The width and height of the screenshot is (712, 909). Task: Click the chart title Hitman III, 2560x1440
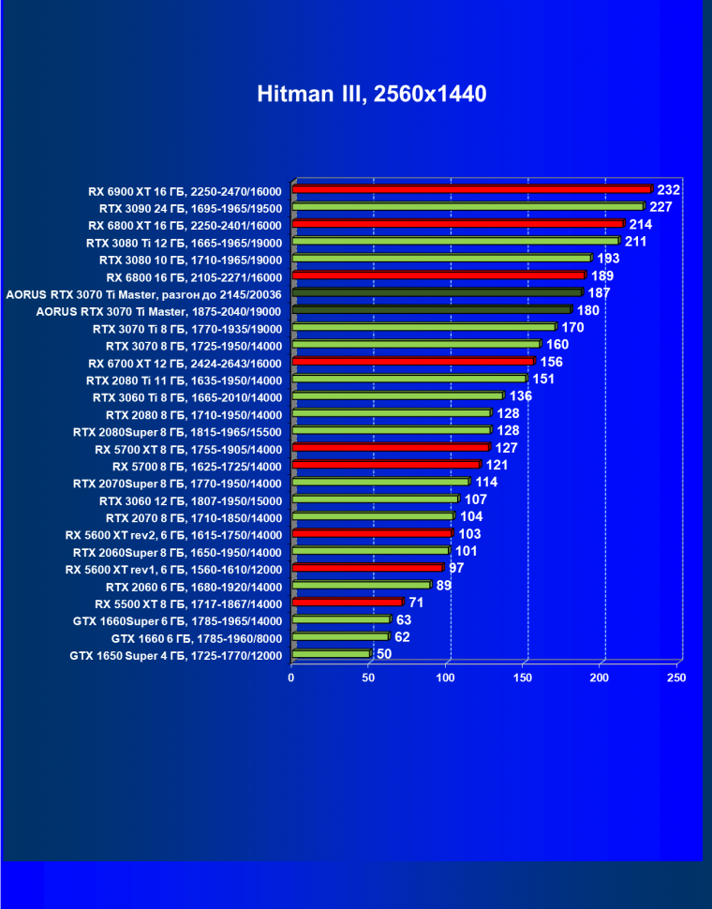[372, 94]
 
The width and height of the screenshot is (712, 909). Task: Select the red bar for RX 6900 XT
[471, 189]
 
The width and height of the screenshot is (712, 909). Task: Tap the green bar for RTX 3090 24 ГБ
[467, 206]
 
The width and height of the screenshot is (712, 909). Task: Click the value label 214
[641, 224]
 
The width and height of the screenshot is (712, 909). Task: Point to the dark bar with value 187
[437, 292]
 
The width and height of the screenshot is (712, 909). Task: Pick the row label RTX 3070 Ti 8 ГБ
[187, 328]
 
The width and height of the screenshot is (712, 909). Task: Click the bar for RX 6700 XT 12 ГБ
[413, 361]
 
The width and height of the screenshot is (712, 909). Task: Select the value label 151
[543, 379]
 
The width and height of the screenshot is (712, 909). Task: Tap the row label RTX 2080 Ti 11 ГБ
[184, 380]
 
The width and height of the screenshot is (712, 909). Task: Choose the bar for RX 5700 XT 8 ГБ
[391, 447]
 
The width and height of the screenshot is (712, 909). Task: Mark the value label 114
[486, 482]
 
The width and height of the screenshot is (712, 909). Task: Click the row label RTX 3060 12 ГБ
[190, 499]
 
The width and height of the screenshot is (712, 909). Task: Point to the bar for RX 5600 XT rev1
[367, 568]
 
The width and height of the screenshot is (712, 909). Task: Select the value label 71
[416, 602]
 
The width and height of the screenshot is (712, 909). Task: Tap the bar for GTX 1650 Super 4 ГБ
[331, 654]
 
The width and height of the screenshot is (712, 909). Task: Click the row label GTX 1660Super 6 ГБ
[177, 620]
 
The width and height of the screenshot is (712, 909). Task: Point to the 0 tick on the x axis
[291, 678]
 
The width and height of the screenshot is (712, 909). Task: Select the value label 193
[609, 258]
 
